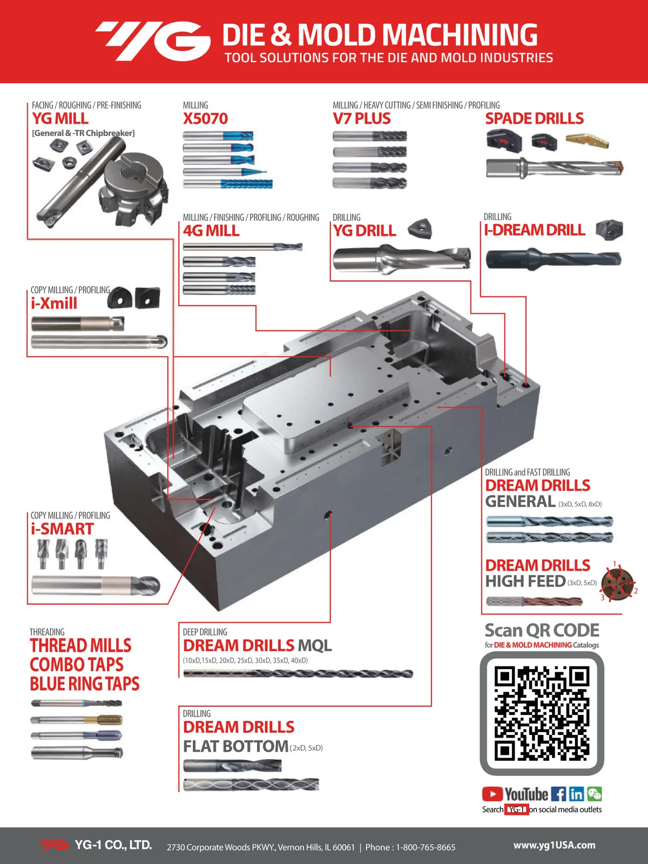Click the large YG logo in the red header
pyautogui.click(x=153, y=41)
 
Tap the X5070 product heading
pyautogui.click(x=205, y=118)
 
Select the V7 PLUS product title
pyautogui.click(x=362, y=118)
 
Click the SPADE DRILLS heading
pyautogui.click(x=534, y=118)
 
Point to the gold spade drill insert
pyautogui.click(x=587, y=140)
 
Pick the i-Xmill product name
pyautogui.click(x=54, y=303)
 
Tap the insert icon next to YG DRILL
pyautogui.click(x=420, y=228)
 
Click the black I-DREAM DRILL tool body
pyautogui.click(x=553, y=259)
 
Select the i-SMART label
pyautogui.click(x=62, y=529)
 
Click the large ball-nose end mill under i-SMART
pyautogui.click(x=96, y=585)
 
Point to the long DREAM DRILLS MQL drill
pyautogui.click(x=298, y=674)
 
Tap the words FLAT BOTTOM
pyautogui.click(x=235, y=746)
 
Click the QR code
pyautogui.click(x=542, y=713)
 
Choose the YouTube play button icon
pyautogui.click(x=492, y=794)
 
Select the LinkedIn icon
pyautogui.click(x=576, y=794)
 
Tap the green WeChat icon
pyautogui.click(x=595, y=794)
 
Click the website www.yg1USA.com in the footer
pyautogui.click(x=554, y=845)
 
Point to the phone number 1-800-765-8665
pyautogui.click(x=426, y=847)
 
